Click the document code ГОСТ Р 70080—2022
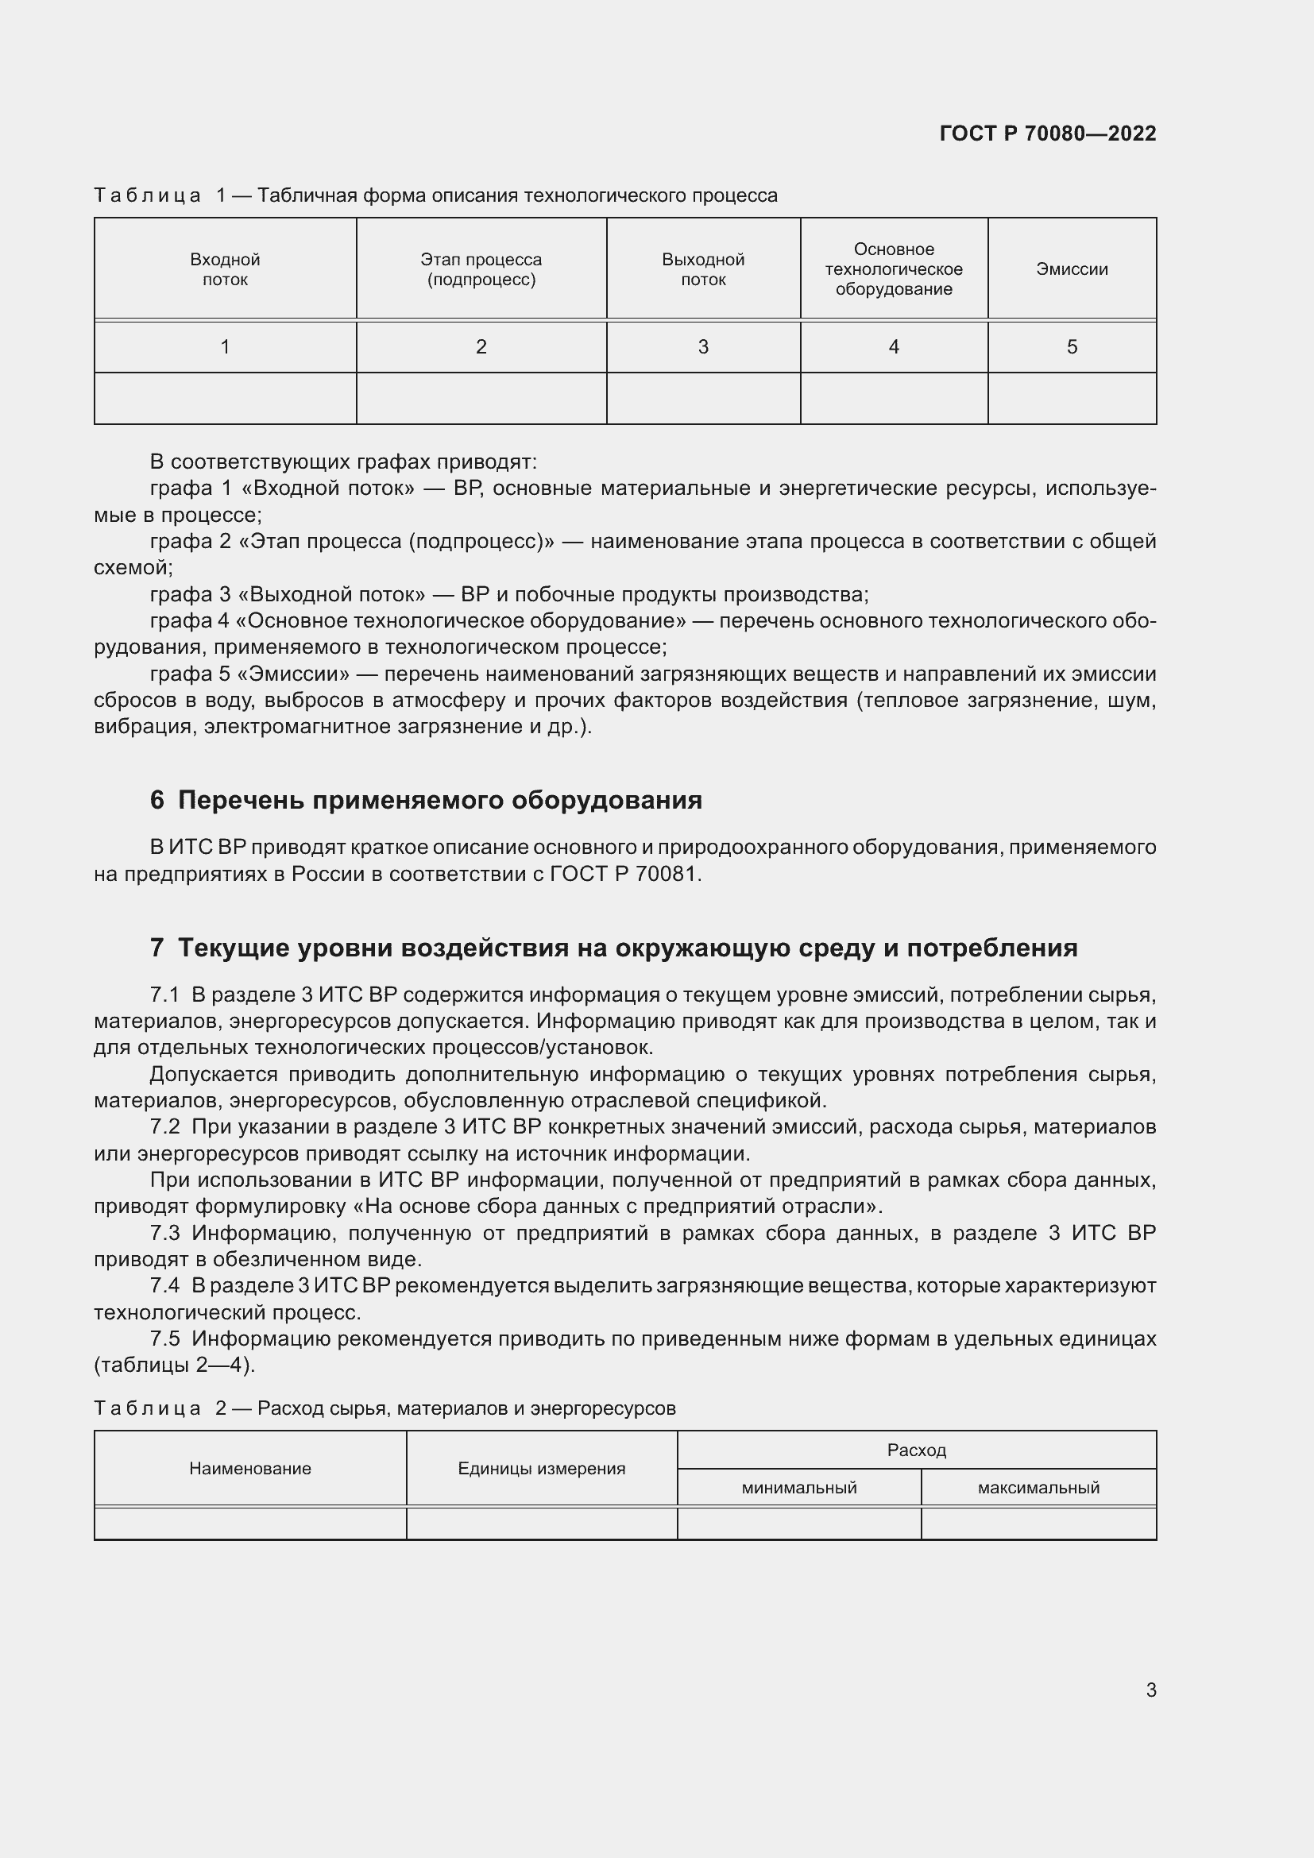point(1047,133)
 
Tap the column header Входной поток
point(225,269)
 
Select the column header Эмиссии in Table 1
point(1071,269)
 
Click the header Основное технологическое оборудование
point(893,269)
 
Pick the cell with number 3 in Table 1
point(702,347)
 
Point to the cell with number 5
point(1071,347)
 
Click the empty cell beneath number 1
point(225,398)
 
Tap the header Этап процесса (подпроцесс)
point(481,269)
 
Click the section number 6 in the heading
point(157,801)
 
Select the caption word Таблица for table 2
point(147,1408)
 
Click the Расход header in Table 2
point(916,1450)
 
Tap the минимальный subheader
point(798,1487)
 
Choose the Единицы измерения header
point(541,1469)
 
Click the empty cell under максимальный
point(1038,1523)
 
